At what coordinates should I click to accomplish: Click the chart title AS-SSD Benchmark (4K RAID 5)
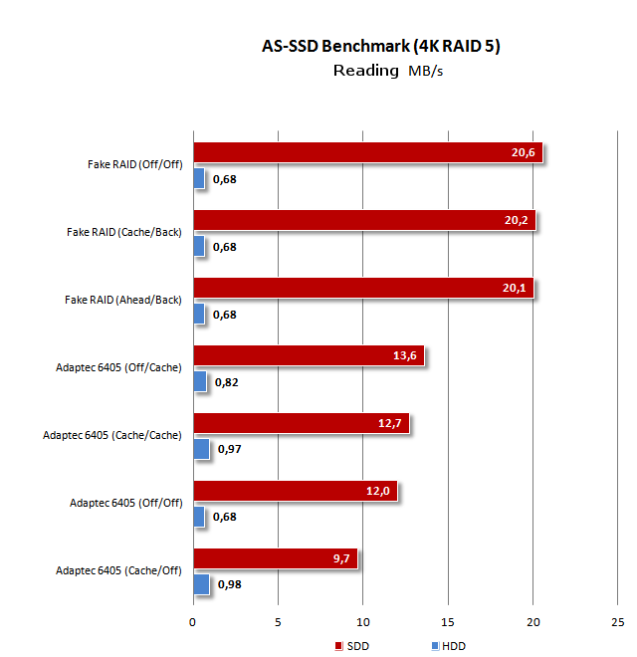coord(367,47)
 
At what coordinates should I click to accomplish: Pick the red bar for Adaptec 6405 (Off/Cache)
coord(309,355)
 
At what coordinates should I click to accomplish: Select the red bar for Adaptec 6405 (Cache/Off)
coord(276,558)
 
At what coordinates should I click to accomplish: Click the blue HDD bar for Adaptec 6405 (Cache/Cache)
coord(201,449)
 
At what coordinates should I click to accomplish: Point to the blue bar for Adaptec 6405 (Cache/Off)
coord(201,584)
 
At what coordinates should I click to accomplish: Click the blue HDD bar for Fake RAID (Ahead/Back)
coord(199,314)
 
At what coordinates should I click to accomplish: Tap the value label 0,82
coord(227,382)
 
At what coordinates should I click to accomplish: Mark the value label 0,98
coord(230,585)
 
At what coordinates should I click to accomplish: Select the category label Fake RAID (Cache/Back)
coord(124,232)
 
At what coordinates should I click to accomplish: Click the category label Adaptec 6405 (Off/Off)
coord(126,503)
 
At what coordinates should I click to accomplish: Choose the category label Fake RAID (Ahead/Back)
coord(123,300)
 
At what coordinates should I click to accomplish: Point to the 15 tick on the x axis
coord(448,622)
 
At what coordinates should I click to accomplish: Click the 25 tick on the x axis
coord(617,622)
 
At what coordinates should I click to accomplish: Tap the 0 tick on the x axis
coord(193,622)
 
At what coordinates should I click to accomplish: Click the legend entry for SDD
coord(352,646)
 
